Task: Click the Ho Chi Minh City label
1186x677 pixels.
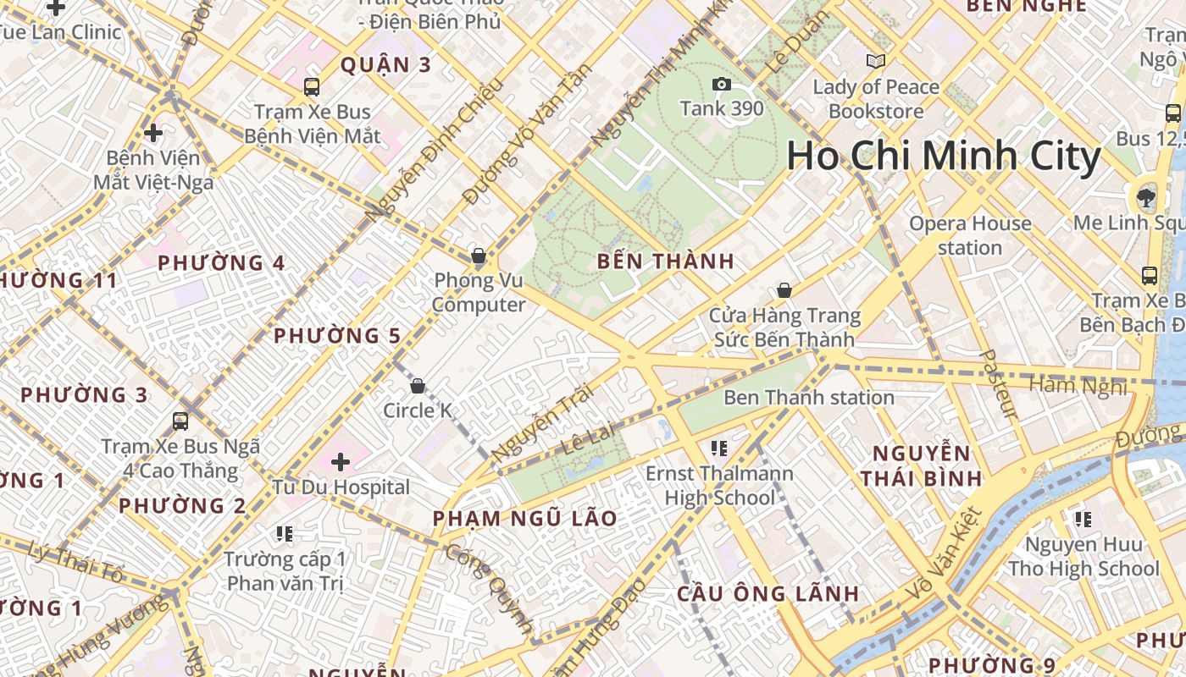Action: tap(944, 157)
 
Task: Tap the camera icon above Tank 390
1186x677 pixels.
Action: tap(721, 84)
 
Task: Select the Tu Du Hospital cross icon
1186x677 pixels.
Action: tap(341, 462)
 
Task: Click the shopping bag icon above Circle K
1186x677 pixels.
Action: tap(417, 387)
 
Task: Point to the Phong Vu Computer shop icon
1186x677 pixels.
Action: tap(479, 256)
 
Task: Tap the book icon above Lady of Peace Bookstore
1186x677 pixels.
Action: tap(875, 62)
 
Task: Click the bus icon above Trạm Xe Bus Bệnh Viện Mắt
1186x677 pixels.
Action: tap(312, 86)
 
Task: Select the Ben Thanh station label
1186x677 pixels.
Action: tap(809, 398)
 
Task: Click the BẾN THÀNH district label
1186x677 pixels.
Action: tap(666, 261)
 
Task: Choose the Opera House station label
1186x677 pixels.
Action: tap(970, 235)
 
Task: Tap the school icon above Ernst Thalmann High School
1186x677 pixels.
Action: tap(719, 449)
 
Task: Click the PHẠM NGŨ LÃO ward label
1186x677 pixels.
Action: tap(525, 518)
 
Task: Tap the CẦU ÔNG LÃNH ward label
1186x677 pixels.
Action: tap(768, 593)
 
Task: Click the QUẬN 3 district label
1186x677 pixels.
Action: tap(385, 64)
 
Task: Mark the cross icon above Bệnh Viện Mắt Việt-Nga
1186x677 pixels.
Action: tap(153, 133)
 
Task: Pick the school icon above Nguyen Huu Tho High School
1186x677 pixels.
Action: tap(1083, 519)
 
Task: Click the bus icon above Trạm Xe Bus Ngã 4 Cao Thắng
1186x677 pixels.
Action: tap(180, 421)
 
